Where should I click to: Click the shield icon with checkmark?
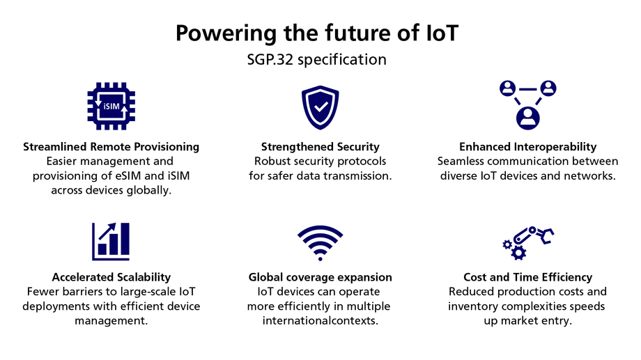coord(320,107)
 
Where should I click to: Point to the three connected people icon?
coord(528,104)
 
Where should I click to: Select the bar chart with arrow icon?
coord(111,242)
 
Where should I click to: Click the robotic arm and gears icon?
coord(528,242)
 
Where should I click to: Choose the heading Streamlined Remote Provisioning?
coord(111,147)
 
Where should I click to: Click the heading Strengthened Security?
coord(320,147)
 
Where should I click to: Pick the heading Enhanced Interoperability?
coord(528,147)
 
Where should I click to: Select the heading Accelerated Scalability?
coord(111,277)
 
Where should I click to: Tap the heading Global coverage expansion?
coord(320,277)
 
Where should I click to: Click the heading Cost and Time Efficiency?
coord(528,277)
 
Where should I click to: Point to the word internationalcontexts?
coord(320,320)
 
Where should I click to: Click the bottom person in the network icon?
coord(528,116)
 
